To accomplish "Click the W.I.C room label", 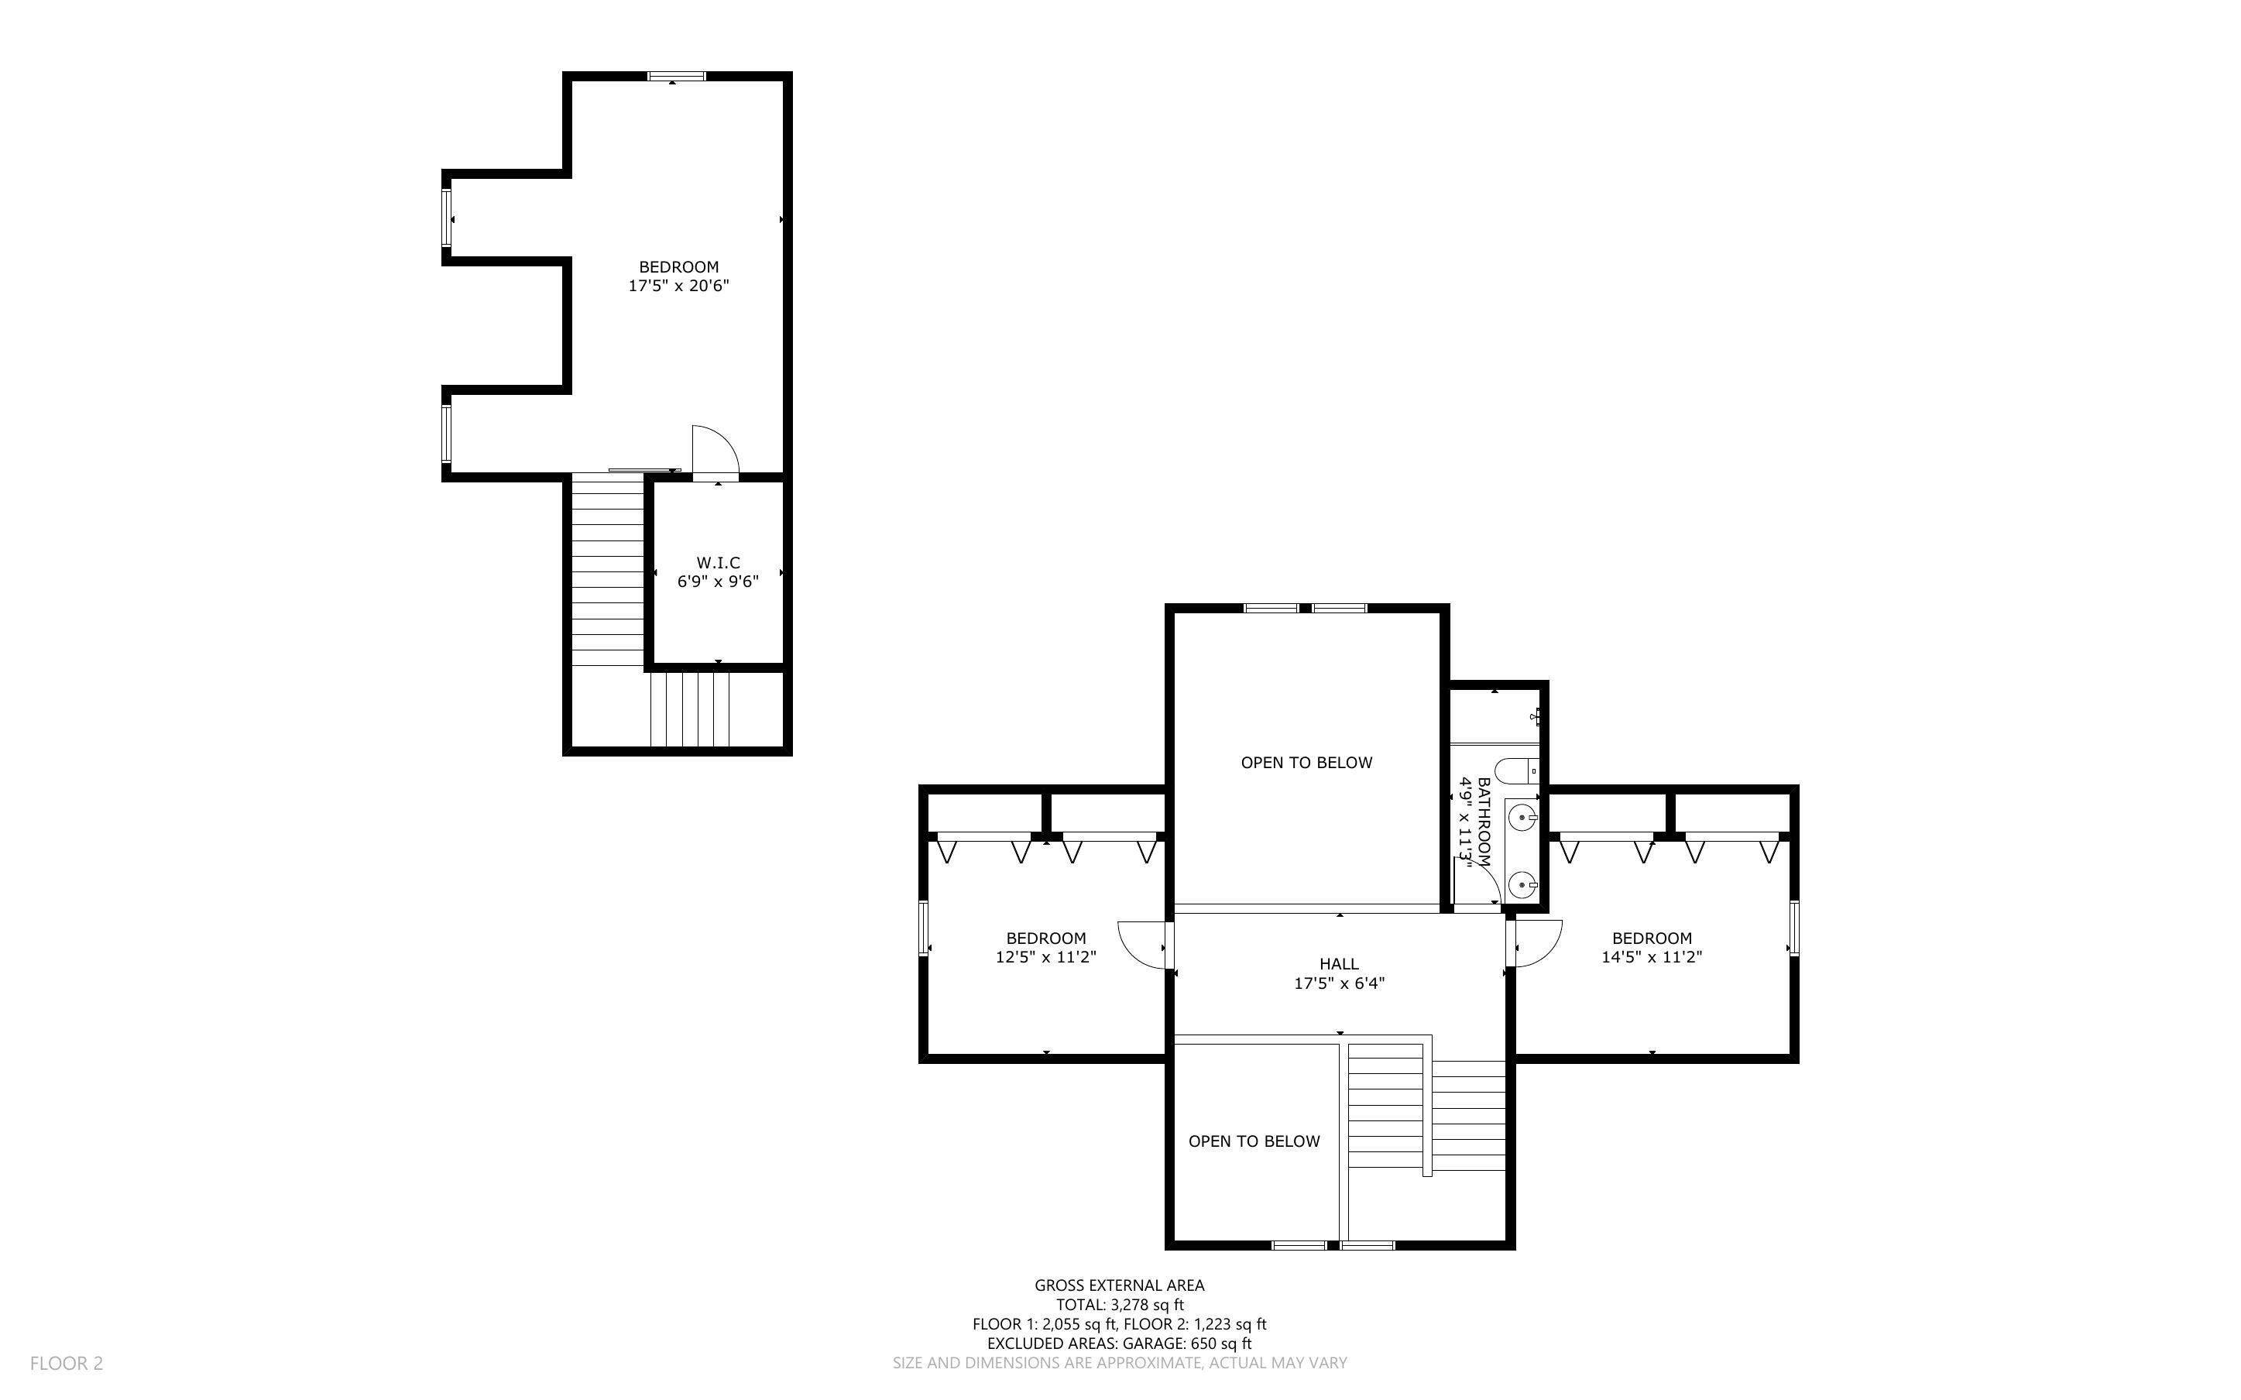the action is [x=719, y=563].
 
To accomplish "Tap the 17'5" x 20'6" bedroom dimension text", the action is [x=678, y=286].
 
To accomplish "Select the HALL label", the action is [x=1340, y=964].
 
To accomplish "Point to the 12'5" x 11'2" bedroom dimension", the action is [x=1046, y=957].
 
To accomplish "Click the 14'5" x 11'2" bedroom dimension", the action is [x=1652, y=957].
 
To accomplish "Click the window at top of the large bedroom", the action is [x=677, y=77].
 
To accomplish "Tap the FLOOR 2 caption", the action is [x=67, y=1363].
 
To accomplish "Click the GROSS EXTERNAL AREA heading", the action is [x=1119, y=1285].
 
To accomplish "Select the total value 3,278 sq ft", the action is [x=1147, y=1305].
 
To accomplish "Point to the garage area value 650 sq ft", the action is [x=1227, y=1343].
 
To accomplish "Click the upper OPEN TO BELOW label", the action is [x=1307, y=763].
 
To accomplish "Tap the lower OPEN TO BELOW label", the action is [x=1254, y=1141].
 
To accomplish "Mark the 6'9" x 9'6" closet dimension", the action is [x=719, y=582].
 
